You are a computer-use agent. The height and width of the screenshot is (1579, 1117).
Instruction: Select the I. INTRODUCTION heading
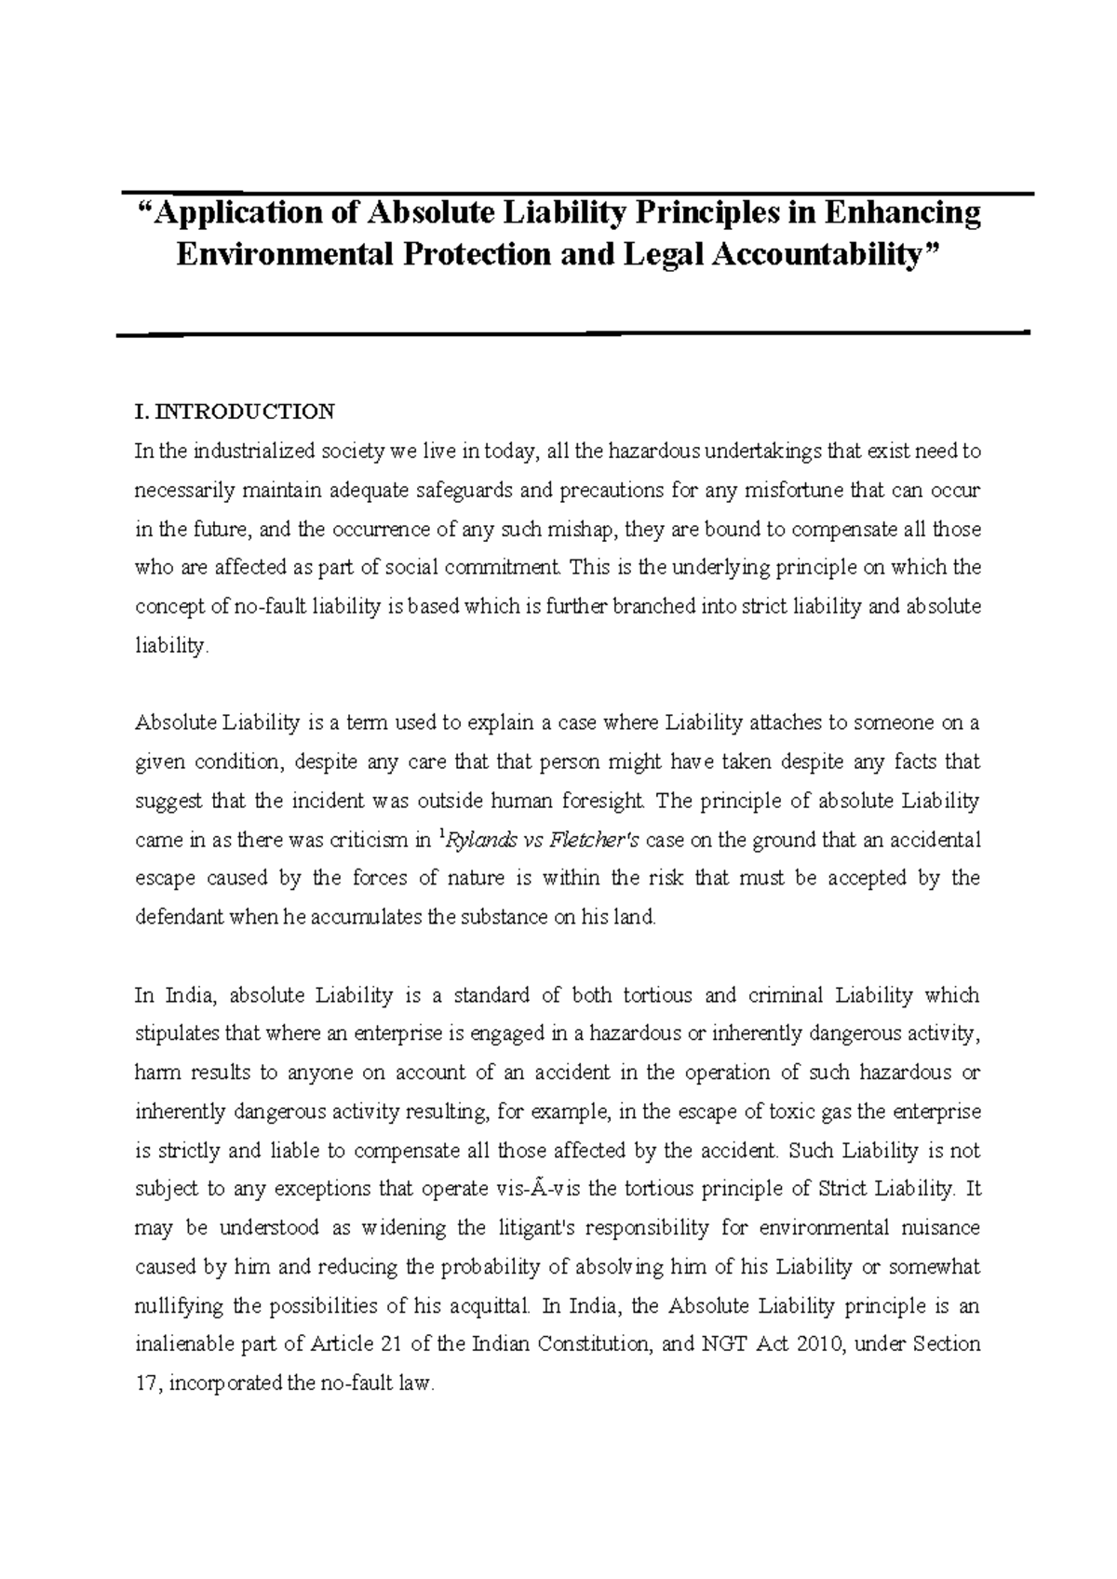click(x=235, y=412)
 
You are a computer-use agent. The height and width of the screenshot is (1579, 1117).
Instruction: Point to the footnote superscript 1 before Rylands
click(x=439, y=835)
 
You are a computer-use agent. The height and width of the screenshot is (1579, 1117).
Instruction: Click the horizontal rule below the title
click(x=572, y=332)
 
